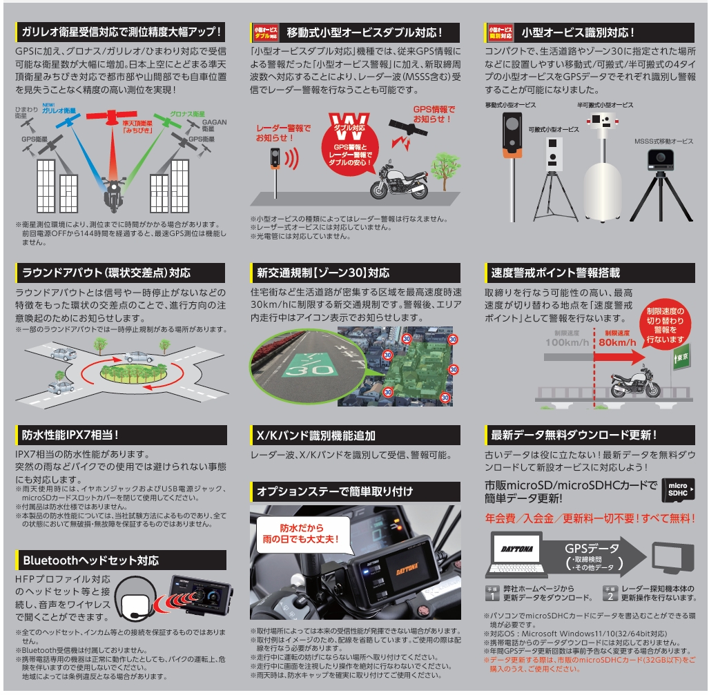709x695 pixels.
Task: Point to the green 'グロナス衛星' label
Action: point(187,114)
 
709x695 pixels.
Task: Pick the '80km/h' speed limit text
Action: point(617,342)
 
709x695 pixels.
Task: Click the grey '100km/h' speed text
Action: point(567,342)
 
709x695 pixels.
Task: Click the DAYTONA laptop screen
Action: point(517,549)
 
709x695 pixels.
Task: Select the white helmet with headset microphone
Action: point(135,600)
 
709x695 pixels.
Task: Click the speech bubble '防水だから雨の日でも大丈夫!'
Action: point(302,534)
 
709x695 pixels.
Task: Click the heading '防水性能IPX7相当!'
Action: point(70,435)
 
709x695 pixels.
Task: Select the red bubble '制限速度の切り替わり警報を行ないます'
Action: point(664,324)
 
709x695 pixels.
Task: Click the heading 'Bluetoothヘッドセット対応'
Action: point(91,560)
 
